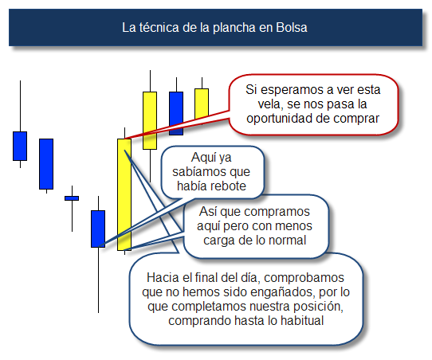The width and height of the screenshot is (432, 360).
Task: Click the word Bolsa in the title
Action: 292,28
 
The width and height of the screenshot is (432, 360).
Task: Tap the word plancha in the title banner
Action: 234,28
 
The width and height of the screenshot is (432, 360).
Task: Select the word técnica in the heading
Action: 159,28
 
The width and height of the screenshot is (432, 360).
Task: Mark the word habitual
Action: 302,321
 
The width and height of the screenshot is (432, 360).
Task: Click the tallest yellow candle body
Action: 124,194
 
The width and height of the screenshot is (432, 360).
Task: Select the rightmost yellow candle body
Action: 202,104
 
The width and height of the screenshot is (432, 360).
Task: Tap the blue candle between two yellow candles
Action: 176,113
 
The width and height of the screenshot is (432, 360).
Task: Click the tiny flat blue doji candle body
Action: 72,198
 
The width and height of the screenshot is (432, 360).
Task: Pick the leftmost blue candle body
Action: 20,146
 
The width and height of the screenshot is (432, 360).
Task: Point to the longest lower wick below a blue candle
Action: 98,280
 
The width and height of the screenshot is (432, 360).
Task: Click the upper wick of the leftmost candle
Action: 20,106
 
